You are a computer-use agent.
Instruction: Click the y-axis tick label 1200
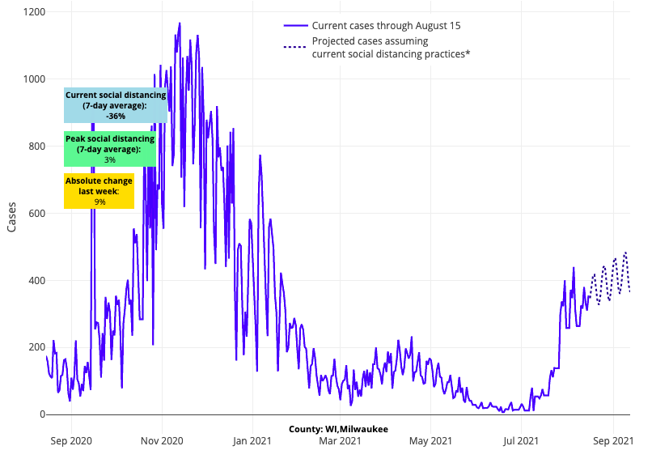coord(32,12)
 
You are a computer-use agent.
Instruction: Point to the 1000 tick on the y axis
coord(32,79)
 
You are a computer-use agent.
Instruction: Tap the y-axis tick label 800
coord(35,147)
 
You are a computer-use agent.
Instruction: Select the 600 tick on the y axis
coord(35,214)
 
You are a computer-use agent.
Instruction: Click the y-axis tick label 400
coord(35,281)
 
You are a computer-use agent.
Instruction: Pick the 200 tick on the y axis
coord(35,347)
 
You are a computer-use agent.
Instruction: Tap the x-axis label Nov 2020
coord(162,441)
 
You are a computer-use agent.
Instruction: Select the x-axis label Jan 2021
coord(252,441)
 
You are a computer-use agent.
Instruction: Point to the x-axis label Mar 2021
coord(340,441)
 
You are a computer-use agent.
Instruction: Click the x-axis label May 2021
coord(430,441)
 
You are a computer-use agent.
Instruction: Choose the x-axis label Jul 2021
coord(520,441)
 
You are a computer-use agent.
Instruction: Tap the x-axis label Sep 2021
coord(612,441)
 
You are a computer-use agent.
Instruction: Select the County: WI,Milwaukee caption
coord(338,428)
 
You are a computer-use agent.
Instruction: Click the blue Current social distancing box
coord(116,105)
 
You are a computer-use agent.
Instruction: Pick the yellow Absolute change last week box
coord(99,191)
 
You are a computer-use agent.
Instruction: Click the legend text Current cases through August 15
coord(386,26)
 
